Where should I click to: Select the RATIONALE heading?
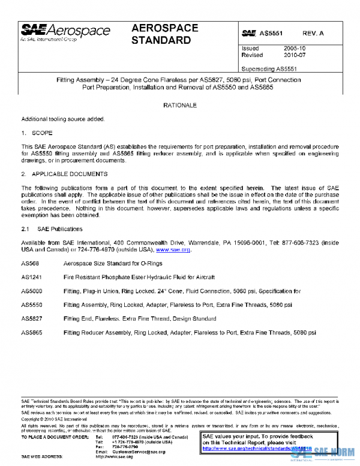(180, 105)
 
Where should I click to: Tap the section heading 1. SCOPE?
(37, 133)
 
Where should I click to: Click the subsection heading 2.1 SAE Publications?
(52, 229)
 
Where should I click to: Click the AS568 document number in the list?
(30, 264)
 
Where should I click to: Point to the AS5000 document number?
(32, 291)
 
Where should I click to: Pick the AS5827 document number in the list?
(32, 318)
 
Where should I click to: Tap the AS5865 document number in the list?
(32, 332)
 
